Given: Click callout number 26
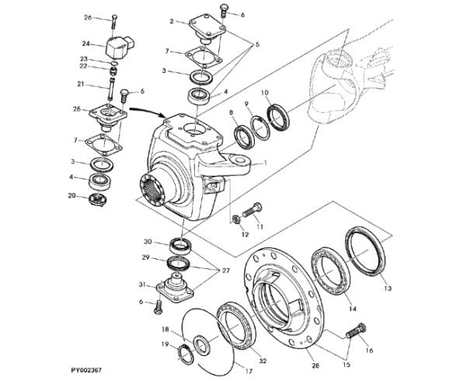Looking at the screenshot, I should [88, 17].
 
